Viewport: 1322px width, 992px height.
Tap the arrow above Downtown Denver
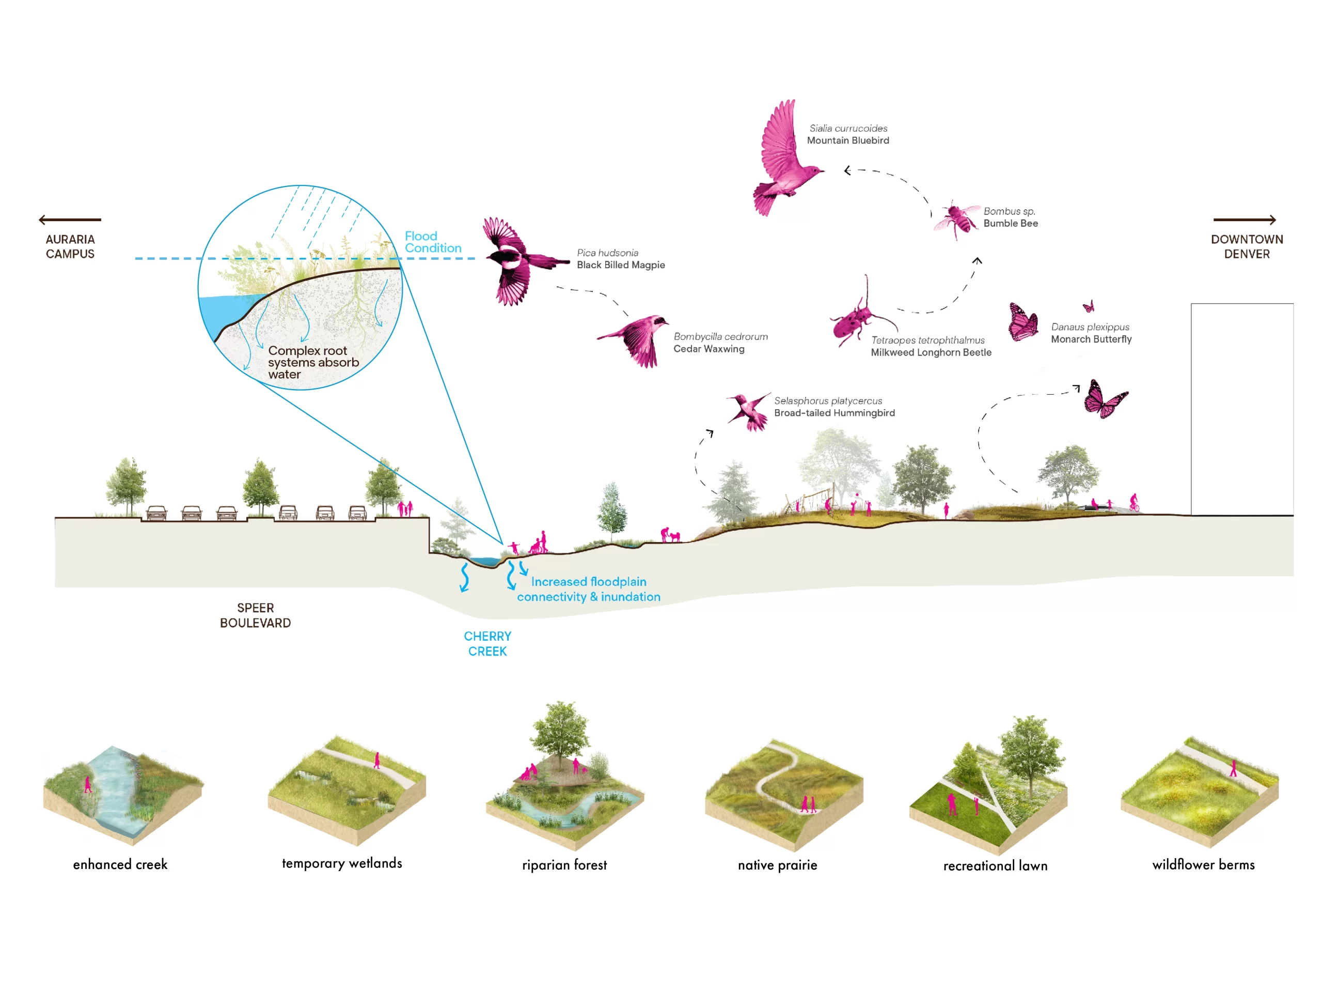[x=1245, y=220]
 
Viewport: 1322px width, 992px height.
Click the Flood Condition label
[x=433, y=242]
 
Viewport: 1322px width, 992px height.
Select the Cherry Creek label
[x=487, y=643]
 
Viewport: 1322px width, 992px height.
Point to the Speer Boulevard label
[x=255, y=615]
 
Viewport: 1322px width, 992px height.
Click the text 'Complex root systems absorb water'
[x=312, y=362]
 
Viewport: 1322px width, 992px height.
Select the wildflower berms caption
[x=1203, y=864]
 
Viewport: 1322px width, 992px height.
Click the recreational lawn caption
[x=995, y=866]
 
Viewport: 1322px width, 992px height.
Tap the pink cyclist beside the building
[x=1134, y=502]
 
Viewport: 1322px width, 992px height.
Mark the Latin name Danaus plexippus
[x=1090, y=327]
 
